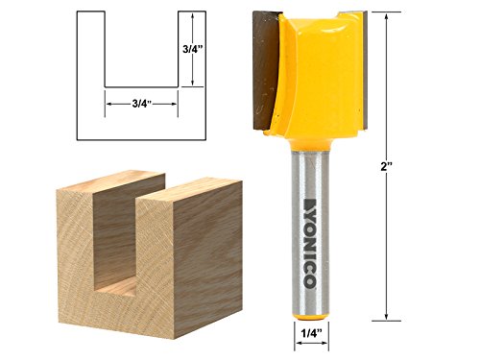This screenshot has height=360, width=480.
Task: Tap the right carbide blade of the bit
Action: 357,72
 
